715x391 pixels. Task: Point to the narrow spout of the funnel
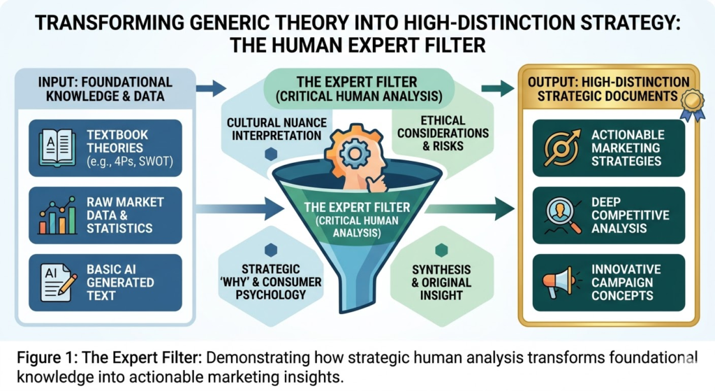pyautogui.click(x=357, y=294)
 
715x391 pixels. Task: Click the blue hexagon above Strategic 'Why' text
pyautogui.click(x=270, y=250)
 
